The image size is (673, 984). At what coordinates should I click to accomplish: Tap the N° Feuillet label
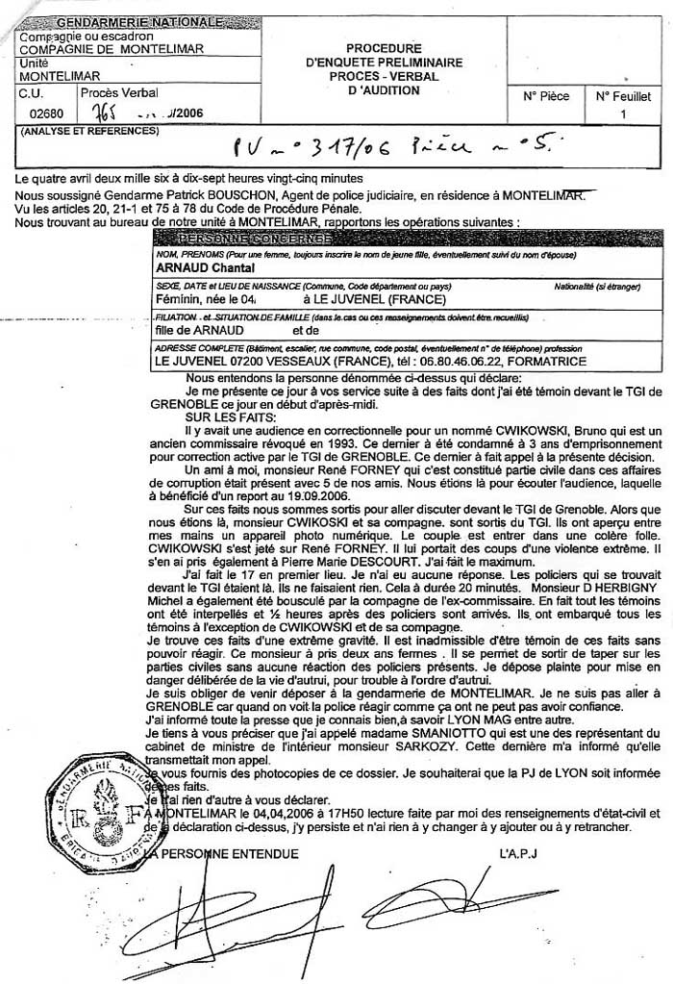[x=623, y=96]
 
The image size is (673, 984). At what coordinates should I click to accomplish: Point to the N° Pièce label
[x=546, y=96]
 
